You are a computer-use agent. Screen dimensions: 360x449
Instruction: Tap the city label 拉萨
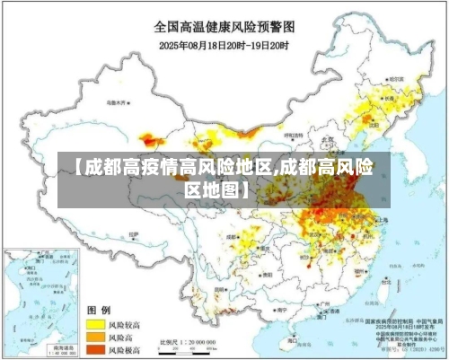point(134,235)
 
